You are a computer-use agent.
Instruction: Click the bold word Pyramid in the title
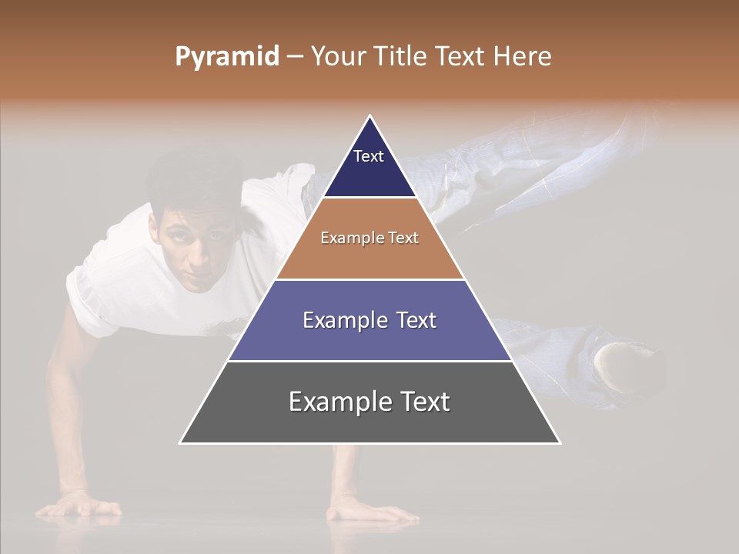[x=227, y=57]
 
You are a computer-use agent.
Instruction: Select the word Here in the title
[x=522, y=57]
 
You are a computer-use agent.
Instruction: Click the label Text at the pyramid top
[x=369, y=156]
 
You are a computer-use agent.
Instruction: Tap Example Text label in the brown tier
[x=369, y=238]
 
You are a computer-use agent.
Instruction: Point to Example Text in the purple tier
[x=369, y=320]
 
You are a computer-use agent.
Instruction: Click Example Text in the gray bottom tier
[x=369, y=402]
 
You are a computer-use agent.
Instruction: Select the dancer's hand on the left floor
[x=81, y=506]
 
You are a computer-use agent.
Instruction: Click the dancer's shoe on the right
[x=627, y=365]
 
